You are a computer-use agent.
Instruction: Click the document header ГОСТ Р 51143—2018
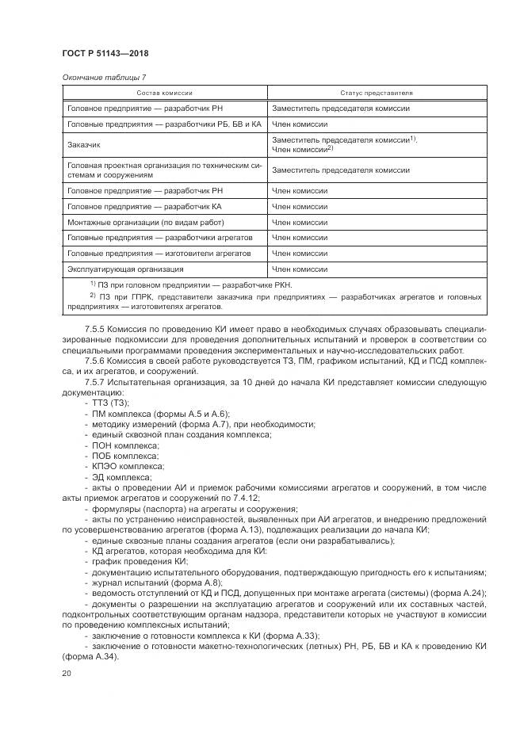click(105, 54)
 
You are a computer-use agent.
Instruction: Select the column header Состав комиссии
click(165, 93)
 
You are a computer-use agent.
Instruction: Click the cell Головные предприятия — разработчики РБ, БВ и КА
click(164, 124)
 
